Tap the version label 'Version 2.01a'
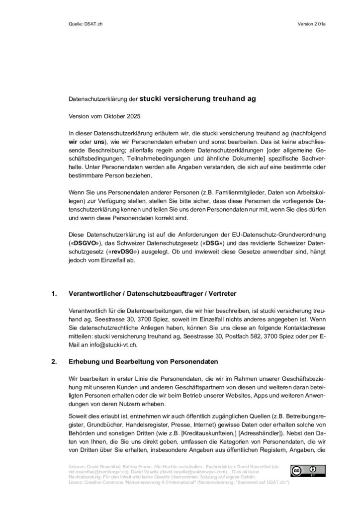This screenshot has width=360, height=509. click(312, 23)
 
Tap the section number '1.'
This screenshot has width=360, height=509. click(55, 294)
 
